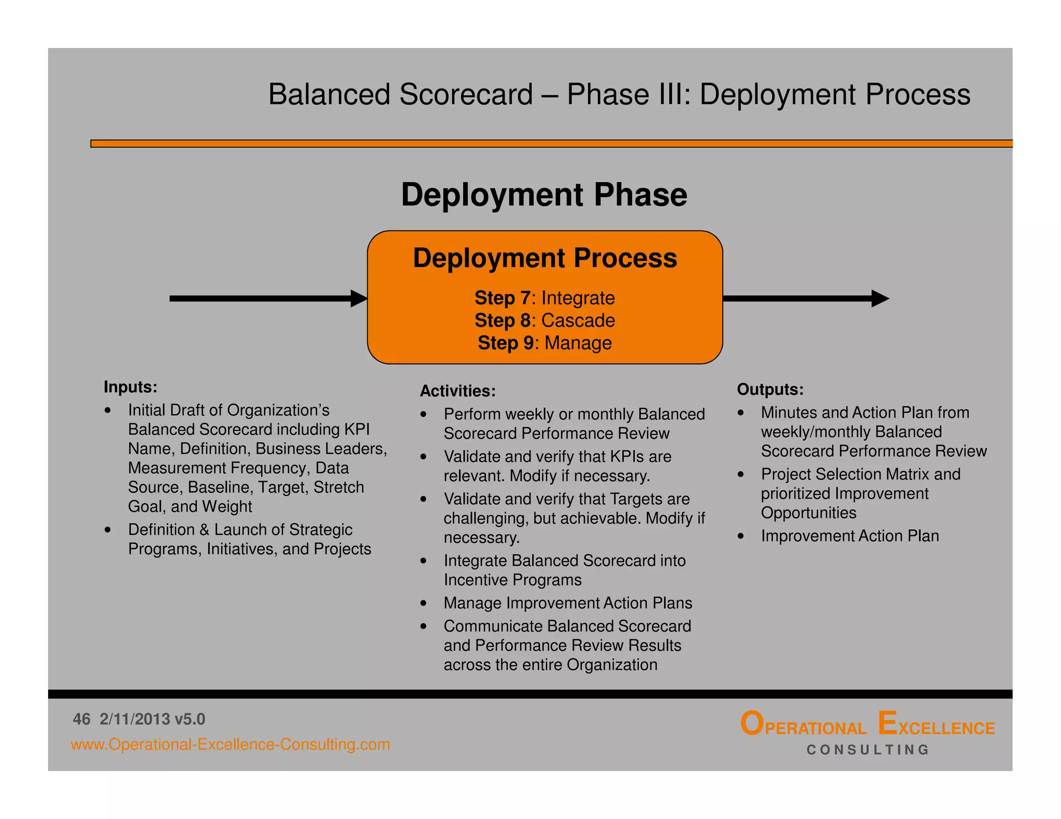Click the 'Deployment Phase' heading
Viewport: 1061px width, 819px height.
pos(544,195)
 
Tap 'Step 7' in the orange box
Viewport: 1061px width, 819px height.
pos(502,298)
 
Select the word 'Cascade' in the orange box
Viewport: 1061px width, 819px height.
pos(578,320)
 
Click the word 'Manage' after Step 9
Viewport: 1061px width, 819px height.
pos(578,343)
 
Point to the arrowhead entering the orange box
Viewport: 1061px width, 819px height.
pos(359,298)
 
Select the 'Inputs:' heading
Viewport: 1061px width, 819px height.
pos(130,387)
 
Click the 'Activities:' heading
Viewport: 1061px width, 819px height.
pos(457,391)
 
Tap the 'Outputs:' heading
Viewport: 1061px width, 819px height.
pos(770,389)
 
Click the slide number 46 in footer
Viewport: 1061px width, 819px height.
pos(82,719)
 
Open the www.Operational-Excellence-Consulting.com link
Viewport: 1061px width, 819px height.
pos(230,744)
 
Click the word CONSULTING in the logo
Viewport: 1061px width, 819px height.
pos(868,750)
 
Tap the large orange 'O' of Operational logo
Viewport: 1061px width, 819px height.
pos(751,723)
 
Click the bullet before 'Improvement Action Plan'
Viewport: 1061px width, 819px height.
pos(741,536)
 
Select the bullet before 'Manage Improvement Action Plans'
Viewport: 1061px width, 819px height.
pos(424,603)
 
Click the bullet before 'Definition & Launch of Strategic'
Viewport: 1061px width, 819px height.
pos(108,530)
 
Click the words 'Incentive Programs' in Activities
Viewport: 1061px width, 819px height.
pos(512,580)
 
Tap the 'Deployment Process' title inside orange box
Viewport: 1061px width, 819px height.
pos(544,258)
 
